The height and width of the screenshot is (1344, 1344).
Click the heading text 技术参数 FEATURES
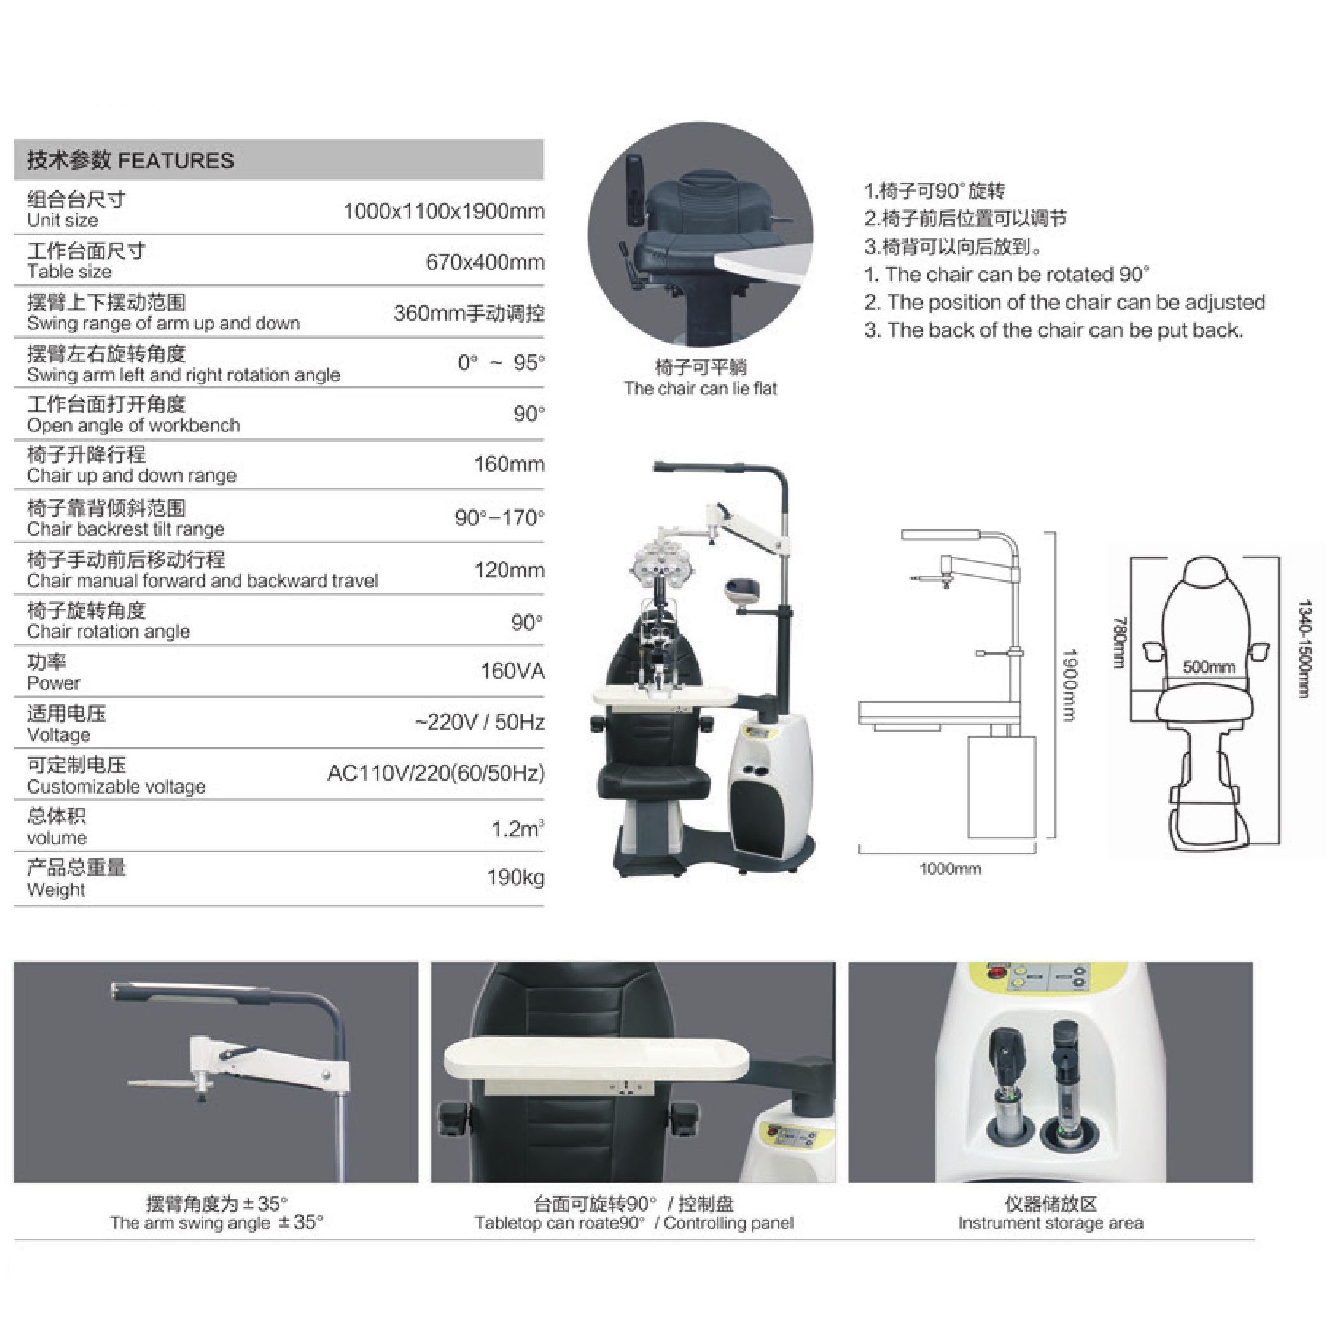[x=130, y=161]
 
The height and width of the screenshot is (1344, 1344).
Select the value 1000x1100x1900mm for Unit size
[x=444, y=211]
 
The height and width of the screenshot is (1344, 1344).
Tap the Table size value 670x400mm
[x=485, y=262]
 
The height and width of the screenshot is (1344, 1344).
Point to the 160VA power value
[x=513, y=671]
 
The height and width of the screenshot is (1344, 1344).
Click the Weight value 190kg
[x=515, y=878]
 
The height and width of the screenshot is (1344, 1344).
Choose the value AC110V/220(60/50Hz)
[x=436, y=774]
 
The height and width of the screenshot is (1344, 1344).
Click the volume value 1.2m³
[x=517, y=829]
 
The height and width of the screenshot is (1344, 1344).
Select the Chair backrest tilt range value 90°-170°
[x=500, y=517]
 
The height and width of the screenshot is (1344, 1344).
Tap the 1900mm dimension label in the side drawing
[x=1069, y=685]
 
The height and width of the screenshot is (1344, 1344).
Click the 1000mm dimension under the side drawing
[x=950, y=869]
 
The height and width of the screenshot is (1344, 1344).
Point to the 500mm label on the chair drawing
[x=1209, y=666]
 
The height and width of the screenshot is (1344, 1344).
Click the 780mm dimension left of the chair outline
[x=1119, y=642]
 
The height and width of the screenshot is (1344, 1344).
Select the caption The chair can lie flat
[x=700, y=388]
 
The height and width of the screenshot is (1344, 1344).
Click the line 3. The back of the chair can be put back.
[x=1053, y=330]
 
